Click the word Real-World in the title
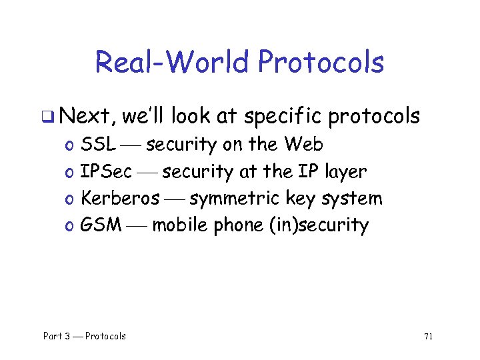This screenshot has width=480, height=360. (172, 62)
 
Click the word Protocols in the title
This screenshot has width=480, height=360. (321, 62)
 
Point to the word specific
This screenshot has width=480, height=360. (283, 117)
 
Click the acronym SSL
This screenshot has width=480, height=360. (97, 144)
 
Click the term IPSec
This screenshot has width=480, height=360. (106, 171)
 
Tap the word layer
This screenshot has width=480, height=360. (346, 171)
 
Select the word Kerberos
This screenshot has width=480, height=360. (120, 198)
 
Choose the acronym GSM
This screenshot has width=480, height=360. (101, 225)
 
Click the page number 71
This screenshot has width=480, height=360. (428, 336)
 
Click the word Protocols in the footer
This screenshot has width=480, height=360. (105, 336)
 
